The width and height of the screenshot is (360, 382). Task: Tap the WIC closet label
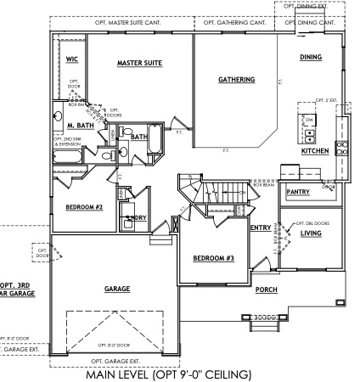(72, 59)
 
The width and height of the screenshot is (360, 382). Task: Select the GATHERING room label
(236, 80)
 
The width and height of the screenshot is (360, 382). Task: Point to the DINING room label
(312, 57)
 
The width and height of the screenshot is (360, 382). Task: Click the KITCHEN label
(315, 151)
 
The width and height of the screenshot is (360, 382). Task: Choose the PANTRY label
(298, 192)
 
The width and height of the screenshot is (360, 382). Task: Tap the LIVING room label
(311, 232)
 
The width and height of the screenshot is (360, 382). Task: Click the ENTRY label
(260, 227)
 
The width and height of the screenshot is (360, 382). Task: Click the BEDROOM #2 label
(84, 206)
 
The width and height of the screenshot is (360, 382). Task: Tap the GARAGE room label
(116, 289)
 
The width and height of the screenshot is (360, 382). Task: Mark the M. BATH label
(80, 126)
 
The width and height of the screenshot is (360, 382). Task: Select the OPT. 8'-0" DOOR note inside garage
(112, 345)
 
